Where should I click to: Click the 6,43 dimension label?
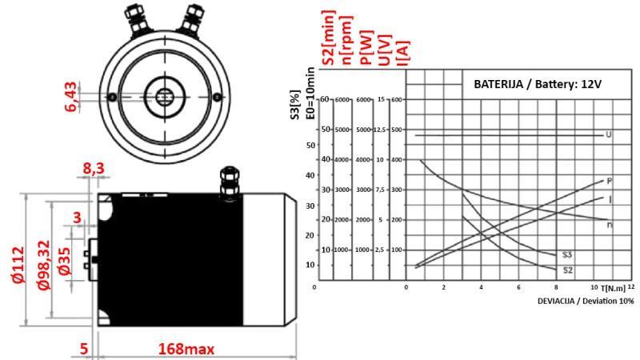click(x=72, y=96)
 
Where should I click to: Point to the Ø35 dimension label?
click(x=64, y=260)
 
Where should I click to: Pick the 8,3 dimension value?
click(x=94, y=169)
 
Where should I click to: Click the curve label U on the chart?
click(x=608, y=134)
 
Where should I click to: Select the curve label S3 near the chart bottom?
click(x=566, y=254)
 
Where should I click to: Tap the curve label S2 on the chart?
click(x=567, y=270)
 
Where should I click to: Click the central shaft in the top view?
click(x=164, y=97)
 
